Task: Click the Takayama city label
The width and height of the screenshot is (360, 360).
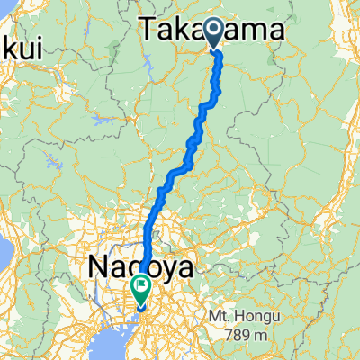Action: click(212, 31)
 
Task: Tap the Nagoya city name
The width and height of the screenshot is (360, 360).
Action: click(134, 266)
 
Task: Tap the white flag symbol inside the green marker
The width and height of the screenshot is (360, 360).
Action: click(142, 287)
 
